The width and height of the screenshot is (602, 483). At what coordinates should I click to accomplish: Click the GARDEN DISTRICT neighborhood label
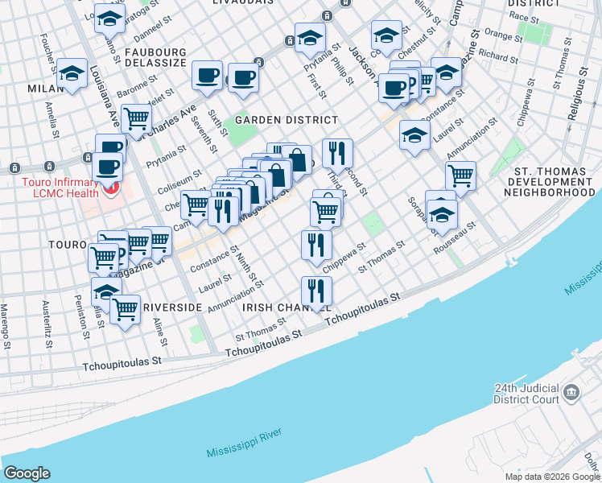coord(285,120)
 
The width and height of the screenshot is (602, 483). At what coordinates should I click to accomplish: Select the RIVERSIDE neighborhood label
coord(171,308)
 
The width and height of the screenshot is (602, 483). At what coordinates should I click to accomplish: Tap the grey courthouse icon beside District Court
coord(572,392)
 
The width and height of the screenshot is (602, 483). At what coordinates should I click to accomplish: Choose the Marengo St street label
coord(5,327)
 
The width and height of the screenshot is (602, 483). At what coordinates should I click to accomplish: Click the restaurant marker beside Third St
coord(338,151)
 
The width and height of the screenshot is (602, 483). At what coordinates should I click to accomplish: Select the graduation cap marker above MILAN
coord(72,74)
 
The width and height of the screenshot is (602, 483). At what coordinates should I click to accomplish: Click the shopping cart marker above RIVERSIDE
coord(125,308)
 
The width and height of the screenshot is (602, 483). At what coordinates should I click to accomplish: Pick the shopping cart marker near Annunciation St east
coord(460,174)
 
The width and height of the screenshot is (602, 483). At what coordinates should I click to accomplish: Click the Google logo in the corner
coord(27,473)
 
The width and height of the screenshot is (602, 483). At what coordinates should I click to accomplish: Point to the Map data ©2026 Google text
coord(551,477)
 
